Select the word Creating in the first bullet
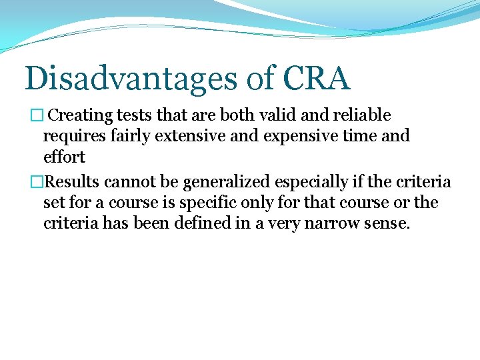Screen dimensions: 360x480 tap(81, 115)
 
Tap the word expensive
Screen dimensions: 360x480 tap(289, 137)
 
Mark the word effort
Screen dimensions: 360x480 tap(64, 157)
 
